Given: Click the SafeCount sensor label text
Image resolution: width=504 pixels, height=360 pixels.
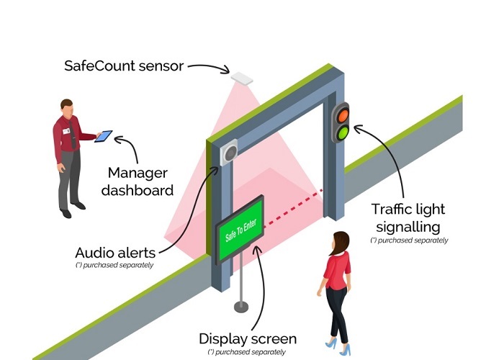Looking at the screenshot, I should point(122,67).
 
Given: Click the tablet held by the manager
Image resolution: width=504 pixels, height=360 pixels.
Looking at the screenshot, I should point(104,135).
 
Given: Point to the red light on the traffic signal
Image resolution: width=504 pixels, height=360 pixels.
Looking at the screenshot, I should point(342,114).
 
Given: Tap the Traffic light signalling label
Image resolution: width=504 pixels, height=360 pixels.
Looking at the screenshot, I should point(408,218).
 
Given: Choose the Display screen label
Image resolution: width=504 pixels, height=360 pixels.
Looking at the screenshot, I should point(247,338).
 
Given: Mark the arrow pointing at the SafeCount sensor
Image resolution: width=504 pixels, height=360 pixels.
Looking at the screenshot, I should point(209,69).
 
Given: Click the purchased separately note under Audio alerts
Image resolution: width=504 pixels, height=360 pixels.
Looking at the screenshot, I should point(114,266).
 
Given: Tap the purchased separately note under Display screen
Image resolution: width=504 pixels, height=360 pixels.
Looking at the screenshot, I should point(246,352).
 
